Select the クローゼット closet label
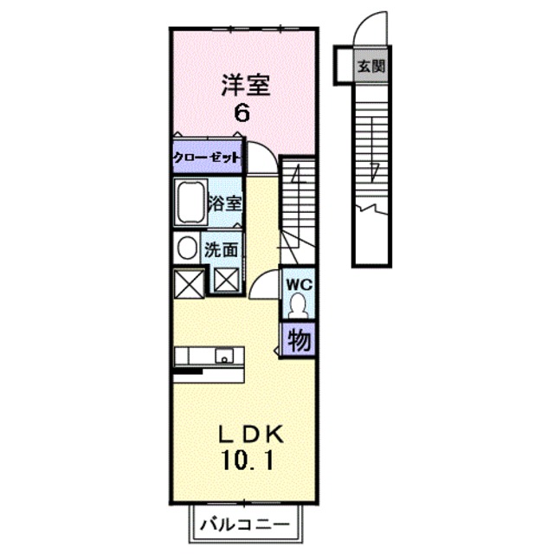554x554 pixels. pos(205,158)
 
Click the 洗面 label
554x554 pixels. pos(223,250)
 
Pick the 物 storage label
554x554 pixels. pos(298,340)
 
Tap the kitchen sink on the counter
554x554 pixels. pos(224,355)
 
